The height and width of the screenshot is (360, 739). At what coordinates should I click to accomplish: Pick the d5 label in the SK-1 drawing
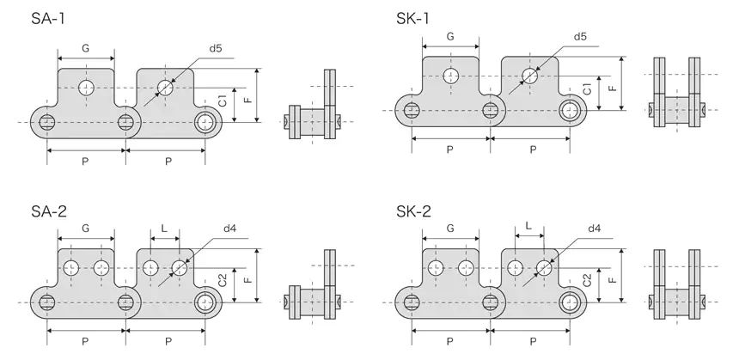coord(579,37)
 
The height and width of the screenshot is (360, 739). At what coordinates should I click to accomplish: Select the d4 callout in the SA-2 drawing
coord(230,229)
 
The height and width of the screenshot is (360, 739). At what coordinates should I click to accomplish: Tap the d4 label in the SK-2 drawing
coord(594,229)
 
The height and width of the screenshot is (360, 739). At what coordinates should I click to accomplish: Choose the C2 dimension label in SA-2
coord(223,279)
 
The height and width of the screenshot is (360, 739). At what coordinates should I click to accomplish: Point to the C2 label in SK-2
coord(586,279)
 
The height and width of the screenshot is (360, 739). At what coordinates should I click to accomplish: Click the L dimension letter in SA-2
coord(163,229)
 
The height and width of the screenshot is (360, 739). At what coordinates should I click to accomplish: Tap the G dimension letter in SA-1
coord(85,49)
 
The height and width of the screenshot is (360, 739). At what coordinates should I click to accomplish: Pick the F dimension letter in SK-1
coord(611,87)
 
